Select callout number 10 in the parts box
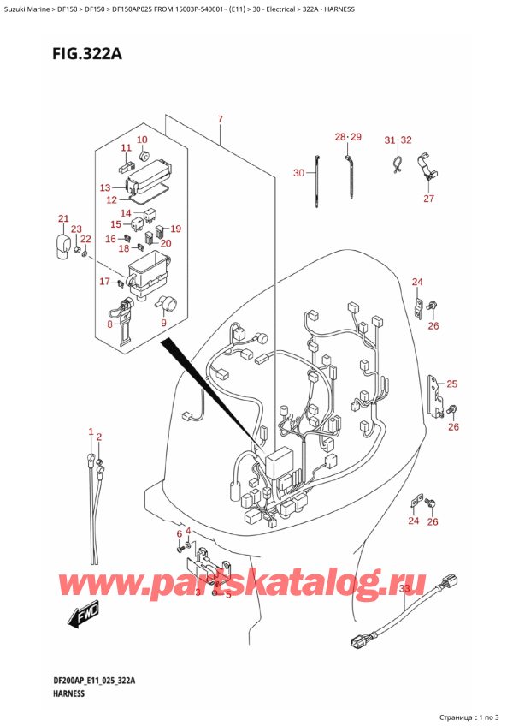pos(142,140)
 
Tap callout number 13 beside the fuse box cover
pos(105,187)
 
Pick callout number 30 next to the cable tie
pos(298,173)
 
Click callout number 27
pos(428,199)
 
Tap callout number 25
pos(452,384)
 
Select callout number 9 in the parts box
pos(164,324)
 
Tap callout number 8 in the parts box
pos(109,324)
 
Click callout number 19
pos(175,229)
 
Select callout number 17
pos(104,282)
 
